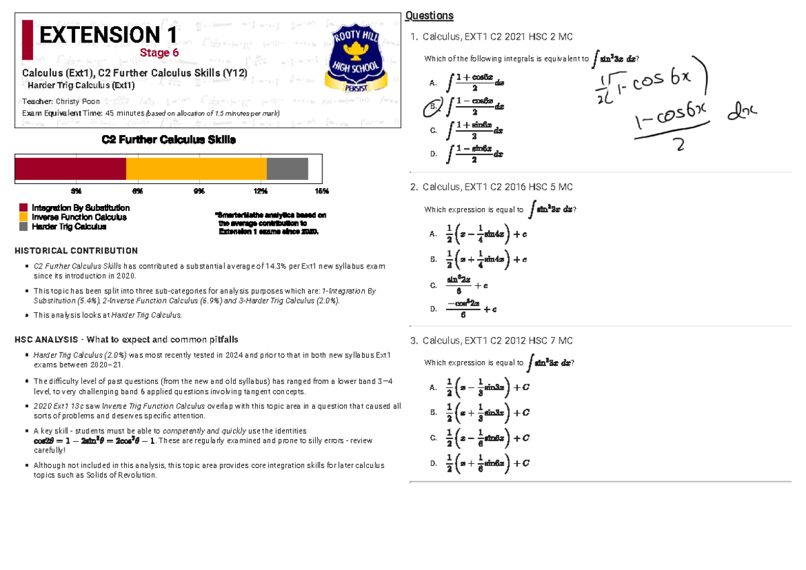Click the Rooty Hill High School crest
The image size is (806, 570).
(355, 59)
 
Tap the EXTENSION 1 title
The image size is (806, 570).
(108, 34)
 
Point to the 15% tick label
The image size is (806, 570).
(322, 191)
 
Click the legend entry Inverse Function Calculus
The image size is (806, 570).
(79, 218)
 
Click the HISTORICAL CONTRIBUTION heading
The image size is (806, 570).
(76, 251)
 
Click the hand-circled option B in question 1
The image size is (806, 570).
(433, 106)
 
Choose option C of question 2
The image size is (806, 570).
(433, 285)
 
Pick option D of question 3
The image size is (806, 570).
(433, 463)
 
